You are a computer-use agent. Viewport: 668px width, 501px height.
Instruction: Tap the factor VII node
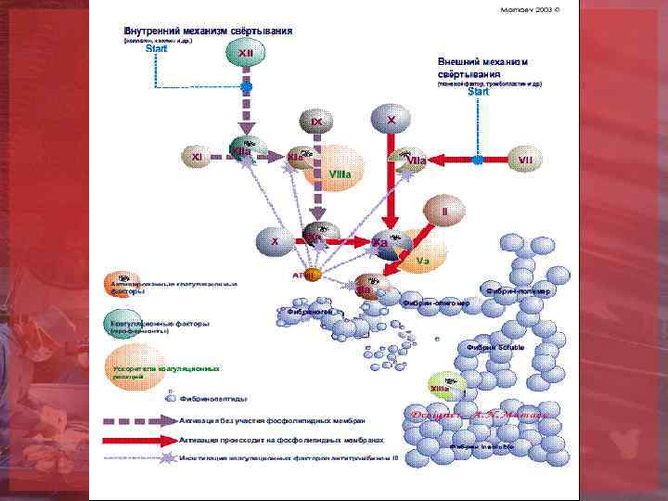[525, 160]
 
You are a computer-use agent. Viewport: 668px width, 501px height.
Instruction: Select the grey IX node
[316, 122]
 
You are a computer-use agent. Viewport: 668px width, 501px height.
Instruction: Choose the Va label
[422, 260]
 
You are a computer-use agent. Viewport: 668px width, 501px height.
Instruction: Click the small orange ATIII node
[311, 275]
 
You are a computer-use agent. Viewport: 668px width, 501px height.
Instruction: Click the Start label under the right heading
[478, 92]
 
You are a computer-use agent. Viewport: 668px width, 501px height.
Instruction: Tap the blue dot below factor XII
[246, 86]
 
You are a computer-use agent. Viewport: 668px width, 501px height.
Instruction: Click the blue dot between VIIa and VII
[477, 160]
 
